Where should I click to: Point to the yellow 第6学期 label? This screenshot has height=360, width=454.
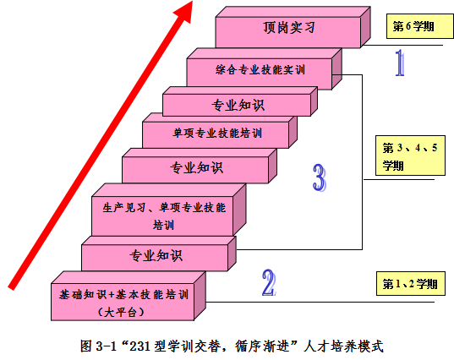pyautogui.click(x=420, y=26)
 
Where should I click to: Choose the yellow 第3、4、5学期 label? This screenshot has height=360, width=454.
pyautogui.click(x=410, y=155)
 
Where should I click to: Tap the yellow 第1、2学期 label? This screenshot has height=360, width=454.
pyautogui.click(x=411, y=284)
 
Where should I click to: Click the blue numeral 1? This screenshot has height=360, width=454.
pyautogui.click(x=400, y=63)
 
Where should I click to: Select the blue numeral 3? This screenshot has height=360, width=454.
pyautogui.click(x=320, y=177)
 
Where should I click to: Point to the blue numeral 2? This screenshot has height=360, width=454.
pyautogui.click(x=269, y=283)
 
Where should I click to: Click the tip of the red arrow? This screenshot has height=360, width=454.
pyautogui.click(x=192, y=1)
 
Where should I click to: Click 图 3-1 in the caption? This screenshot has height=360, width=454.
pyautogui.click(x=98, y=346)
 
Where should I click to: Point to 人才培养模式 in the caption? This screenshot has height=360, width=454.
pyautogui.click(x=343, y=346)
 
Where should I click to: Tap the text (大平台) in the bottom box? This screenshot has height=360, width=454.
pyautogui.click(x=121, y=312)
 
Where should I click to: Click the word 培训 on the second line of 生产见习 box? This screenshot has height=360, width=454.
pyautogui.click(x=163, y=225)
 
